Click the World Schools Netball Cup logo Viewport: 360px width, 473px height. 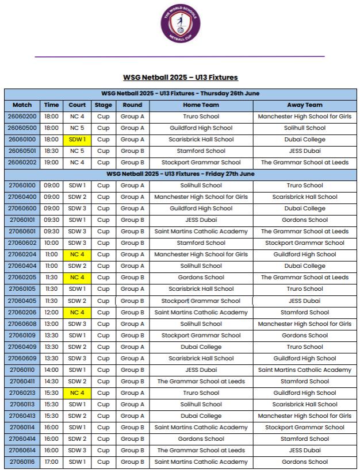(x=180, y=24)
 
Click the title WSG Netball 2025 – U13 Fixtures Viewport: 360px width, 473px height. (x=180, y=77)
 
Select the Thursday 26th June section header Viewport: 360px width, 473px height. (x=180, y=94)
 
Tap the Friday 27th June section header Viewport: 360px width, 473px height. (x=180, y=174)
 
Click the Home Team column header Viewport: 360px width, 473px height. (x=201, y=105)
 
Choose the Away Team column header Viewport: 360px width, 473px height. (x=304, y=105)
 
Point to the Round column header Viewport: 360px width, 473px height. (x=132, y=105)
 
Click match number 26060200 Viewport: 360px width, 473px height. (x=22, y=117)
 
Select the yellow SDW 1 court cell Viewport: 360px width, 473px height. (x=77, y=140)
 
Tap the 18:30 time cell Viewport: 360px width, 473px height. (x=51, y=151)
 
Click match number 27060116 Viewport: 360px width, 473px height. (x=22, y=462)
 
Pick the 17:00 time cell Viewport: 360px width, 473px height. (x=51, y=462)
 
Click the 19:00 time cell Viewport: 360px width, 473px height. (x=51, y=163)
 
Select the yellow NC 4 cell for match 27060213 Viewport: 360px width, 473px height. (x=77, y=393)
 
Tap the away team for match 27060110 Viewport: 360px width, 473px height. (x=304, y=370)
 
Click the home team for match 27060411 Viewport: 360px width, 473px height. (x=201, y=382)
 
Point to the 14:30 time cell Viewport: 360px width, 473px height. (x=51, y=382)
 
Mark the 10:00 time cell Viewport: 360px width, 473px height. (x=51, y=243)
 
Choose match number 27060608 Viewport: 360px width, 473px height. (x=22, y=324)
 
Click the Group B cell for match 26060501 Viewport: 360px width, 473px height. (x=132, y=151)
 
